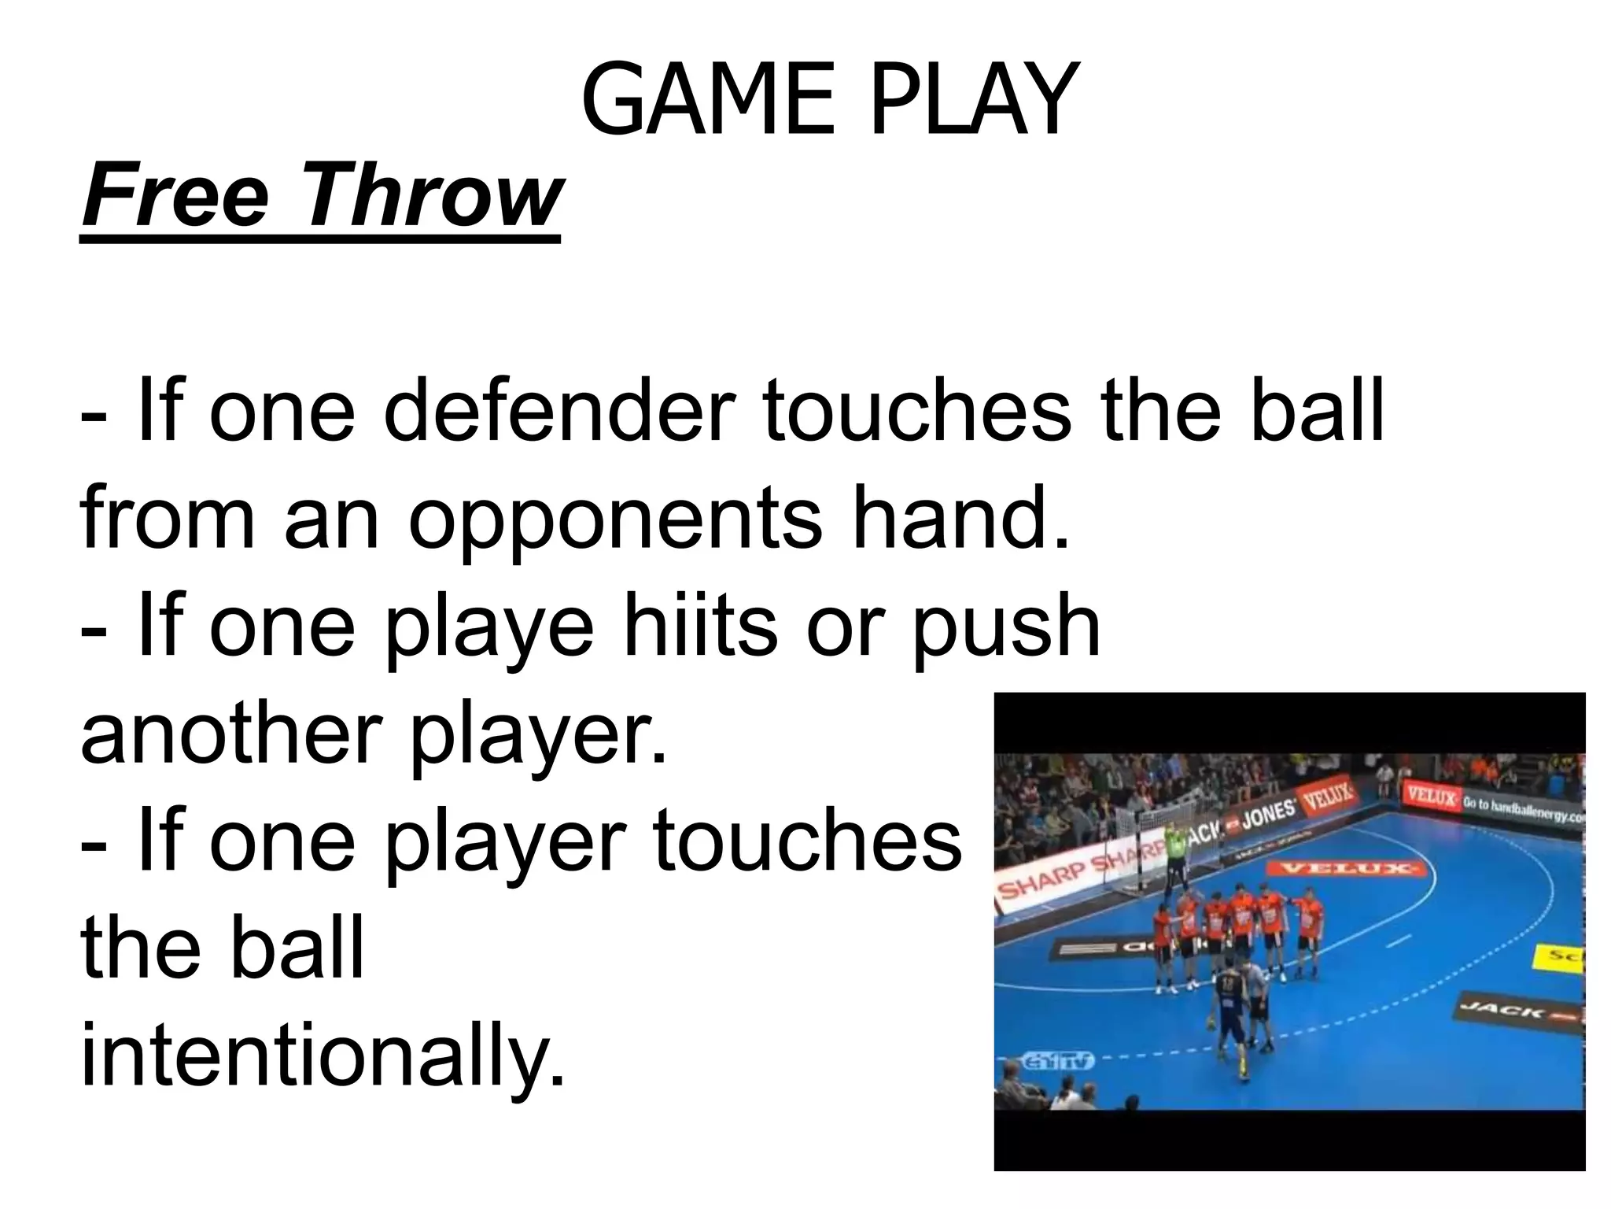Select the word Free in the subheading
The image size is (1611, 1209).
pos(176,194)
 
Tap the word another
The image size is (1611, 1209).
pos(228,734)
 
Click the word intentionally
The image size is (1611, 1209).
pos(323,1055)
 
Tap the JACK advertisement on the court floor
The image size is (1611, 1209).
pos(1518,1011)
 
